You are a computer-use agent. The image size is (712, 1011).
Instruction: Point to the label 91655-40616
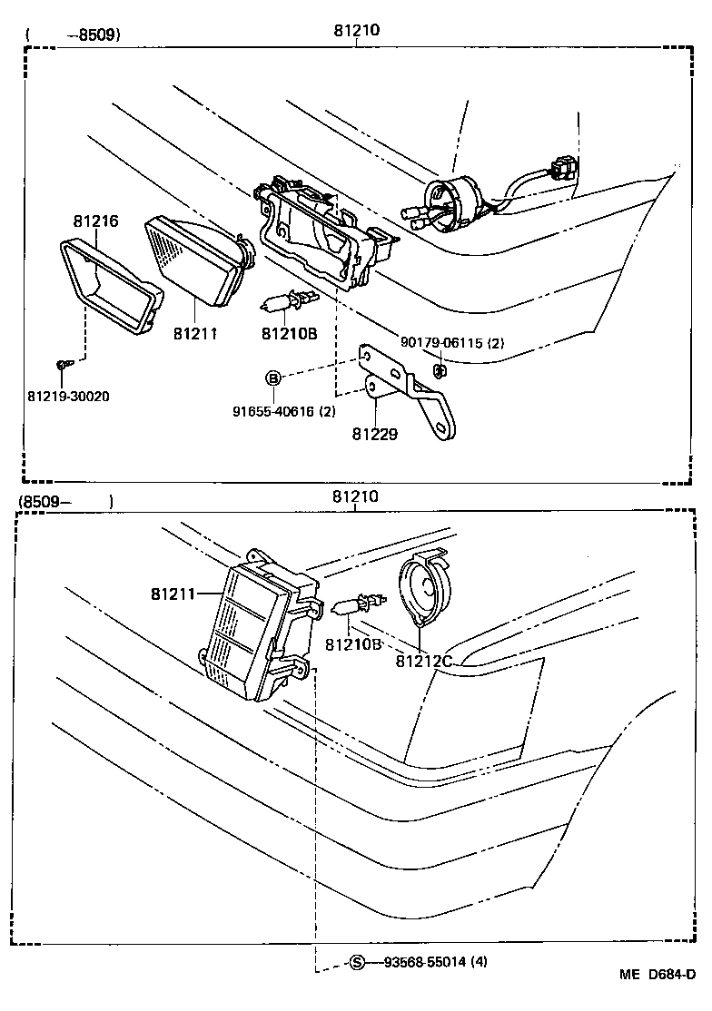coord(283,411)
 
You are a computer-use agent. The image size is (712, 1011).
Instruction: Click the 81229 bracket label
coord(375,434)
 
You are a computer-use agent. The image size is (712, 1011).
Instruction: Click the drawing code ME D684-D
coord(658,1000)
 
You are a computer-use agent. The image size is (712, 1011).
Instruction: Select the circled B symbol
coord(272,378)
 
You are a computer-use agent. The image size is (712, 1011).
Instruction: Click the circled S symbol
coord(357,962)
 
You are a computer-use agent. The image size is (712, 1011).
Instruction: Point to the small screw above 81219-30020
coord(62,365)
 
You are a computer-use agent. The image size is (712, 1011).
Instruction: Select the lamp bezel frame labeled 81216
coord(109,286)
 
